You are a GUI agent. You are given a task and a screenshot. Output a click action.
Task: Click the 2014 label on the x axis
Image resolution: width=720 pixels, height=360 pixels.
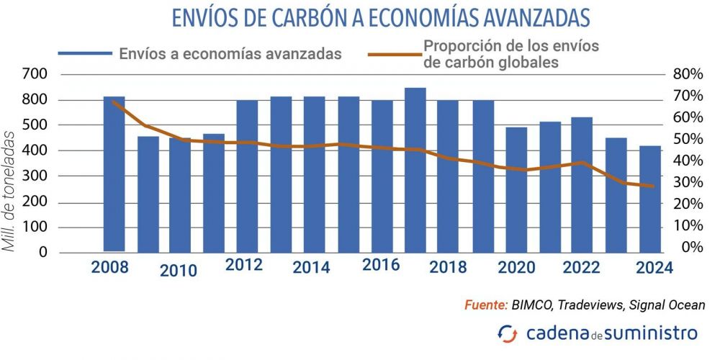[x=311, y=268]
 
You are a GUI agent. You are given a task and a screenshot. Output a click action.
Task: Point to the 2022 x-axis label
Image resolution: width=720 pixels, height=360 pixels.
[x=581, y=267]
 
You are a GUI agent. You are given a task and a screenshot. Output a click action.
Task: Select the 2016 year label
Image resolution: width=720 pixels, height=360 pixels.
[x=381, y=264]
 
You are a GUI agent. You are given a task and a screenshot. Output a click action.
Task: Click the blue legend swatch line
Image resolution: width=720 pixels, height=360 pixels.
[x=86, y=53]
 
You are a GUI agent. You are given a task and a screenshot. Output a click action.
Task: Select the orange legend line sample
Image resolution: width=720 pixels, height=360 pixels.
[x=394, y=53]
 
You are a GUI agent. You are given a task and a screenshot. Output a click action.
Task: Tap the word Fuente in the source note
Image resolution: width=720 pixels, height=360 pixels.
[x=487, y=305]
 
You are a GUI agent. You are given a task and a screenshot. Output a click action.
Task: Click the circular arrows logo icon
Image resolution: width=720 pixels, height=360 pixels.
[x=507, y=333]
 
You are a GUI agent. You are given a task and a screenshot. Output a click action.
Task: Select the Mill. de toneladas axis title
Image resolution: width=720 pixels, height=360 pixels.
[x=11, y=191]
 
